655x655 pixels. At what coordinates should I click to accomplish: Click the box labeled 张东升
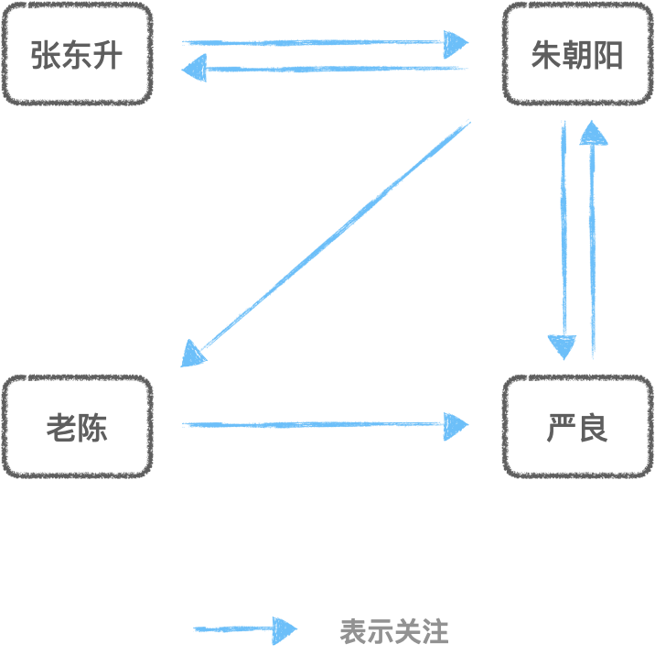coord(77,54)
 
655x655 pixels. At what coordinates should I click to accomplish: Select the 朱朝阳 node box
coord(576,54)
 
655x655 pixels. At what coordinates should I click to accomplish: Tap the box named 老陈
coord(77,427)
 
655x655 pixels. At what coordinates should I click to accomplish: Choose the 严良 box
coord(576,427)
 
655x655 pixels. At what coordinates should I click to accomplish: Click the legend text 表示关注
coord(393,631)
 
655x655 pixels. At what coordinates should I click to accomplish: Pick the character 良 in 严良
coord(593,428)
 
